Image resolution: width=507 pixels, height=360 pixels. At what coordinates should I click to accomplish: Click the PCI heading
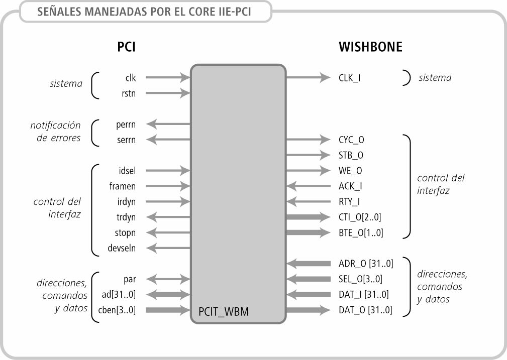[127, 47]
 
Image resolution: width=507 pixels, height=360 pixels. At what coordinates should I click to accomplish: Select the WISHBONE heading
[370, 47]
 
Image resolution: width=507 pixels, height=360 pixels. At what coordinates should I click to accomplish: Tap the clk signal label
[131, 78]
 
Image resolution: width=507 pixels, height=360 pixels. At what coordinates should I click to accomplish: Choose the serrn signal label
[126, 139]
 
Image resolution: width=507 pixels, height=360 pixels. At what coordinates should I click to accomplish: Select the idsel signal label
[126, 171]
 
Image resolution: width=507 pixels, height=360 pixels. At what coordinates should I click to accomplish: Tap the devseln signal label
[122, 248]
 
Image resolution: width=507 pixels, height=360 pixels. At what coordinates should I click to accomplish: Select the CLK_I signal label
[350, 78]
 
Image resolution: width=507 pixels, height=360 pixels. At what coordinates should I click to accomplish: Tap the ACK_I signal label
[350, 186]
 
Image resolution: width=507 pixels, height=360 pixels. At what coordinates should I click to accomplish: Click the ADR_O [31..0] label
[365, 264]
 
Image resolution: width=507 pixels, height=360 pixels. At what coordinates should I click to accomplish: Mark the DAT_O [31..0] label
[365, 310]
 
